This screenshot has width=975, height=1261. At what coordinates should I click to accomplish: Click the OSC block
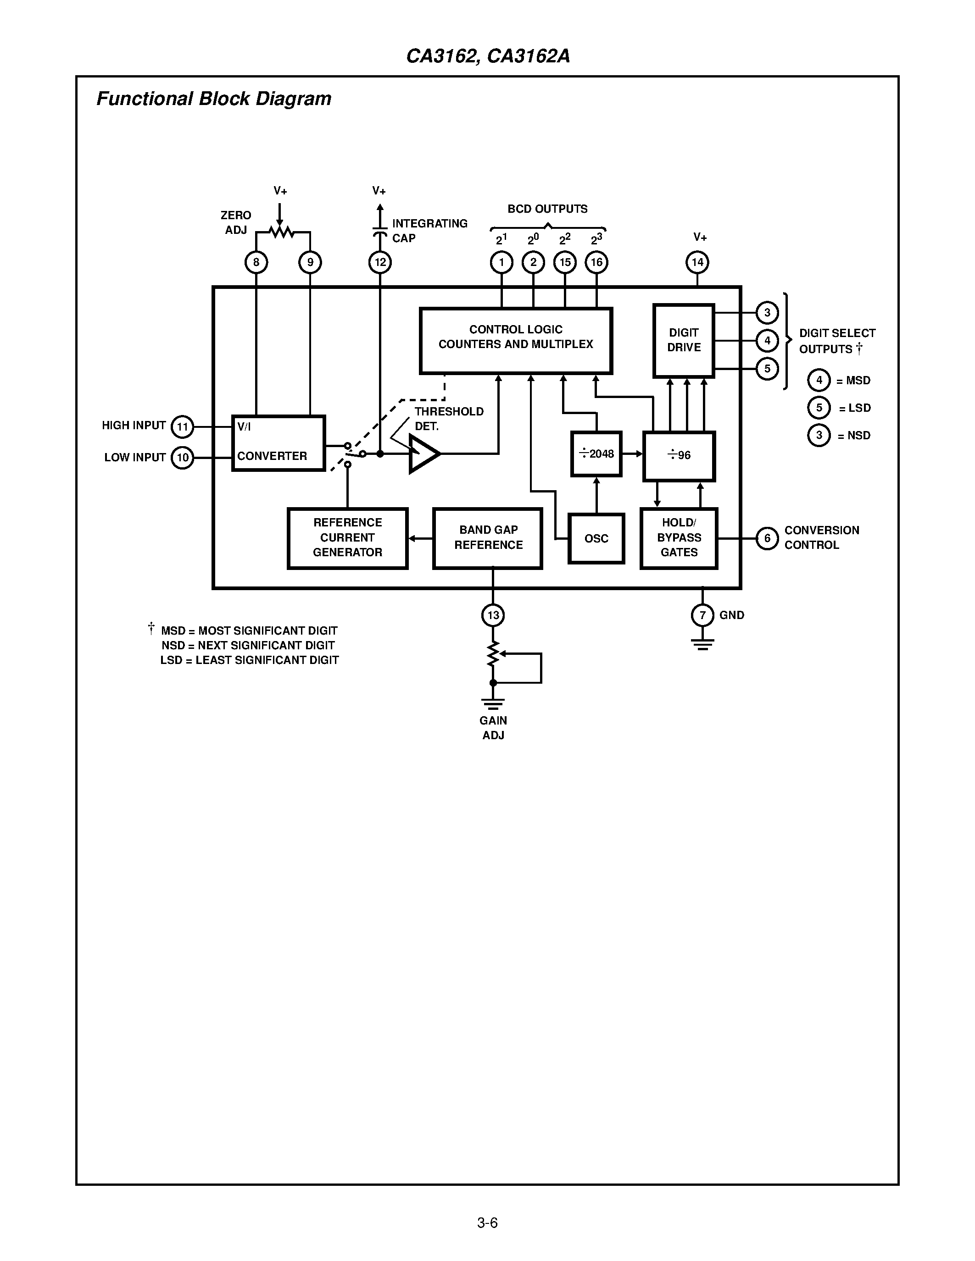tap(596, 538)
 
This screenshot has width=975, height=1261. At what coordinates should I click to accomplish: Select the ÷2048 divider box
tap(596, 454)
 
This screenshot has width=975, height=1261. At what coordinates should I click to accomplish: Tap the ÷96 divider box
tap(679, 455)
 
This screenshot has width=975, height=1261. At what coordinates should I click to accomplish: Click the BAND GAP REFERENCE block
tap(487, 538)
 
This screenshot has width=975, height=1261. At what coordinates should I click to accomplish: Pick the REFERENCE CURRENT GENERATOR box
tap(347, 538)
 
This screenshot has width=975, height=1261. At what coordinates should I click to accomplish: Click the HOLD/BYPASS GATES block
tap(679, 538)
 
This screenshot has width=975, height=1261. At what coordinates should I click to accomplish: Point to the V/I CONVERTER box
tap(278, 443)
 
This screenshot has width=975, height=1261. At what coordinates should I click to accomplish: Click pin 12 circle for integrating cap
tap(380, 263)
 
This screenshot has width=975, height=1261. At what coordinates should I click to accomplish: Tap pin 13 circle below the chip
tap(493, 615)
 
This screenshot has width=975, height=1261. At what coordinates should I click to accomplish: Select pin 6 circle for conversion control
tap(767, 538)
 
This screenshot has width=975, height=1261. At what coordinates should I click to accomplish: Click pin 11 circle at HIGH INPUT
tap(183, 427)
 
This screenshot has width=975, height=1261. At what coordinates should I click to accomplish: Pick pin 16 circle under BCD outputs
tap(596, 262)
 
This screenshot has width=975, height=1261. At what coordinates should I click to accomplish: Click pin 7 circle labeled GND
tap(702, 615)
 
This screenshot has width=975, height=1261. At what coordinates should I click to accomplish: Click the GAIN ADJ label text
tap(493, 728)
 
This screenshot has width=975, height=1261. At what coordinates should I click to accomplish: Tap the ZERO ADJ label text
tap(236, 222)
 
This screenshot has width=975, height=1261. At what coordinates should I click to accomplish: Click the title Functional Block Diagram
tap(214, 99)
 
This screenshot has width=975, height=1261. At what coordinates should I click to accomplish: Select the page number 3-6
tap(487, 1222)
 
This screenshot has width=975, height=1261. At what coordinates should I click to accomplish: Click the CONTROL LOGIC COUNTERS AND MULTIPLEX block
tap(515, 341)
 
